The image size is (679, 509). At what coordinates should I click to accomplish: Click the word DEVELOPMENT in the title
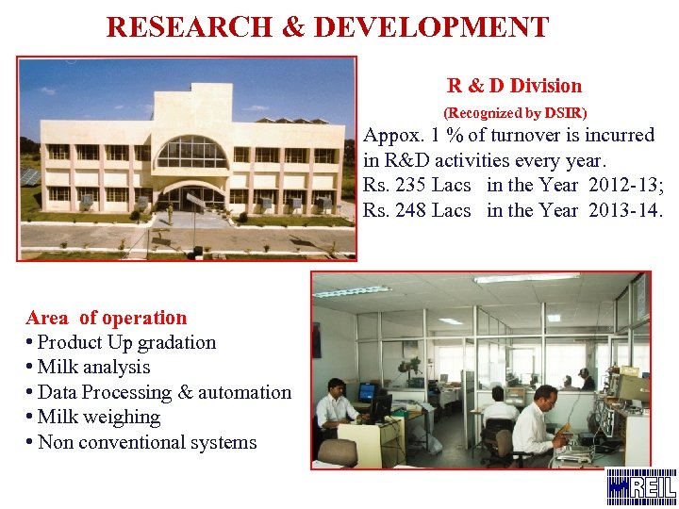click(431, 26)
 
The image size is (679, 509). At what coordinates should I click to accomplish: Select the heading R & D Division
click(514, 86)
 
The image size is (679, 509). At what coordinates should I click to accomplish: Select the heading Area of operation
click(107, 318)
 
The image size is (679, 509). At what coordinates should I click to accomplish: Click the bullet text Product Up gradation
click(126, 342)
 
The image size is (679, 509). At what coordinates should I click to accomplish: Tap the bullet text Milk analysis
click(93, 367)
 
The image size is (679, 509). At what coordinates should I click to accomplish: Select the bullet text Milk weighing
click(98, 417)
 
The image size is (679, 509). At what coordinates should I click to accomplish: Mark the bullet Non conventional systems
click(146, 442)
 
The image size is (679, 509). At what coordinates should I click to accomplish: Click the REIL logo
click(640, 486)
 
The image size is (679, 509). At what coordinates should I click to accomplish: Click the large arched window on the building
click(190, 152)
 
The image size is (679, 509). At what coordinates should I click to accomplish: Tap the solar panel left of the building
click(29, 176)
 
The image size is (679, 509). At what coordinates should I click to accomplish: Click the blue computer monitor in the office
click(366, 392)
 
